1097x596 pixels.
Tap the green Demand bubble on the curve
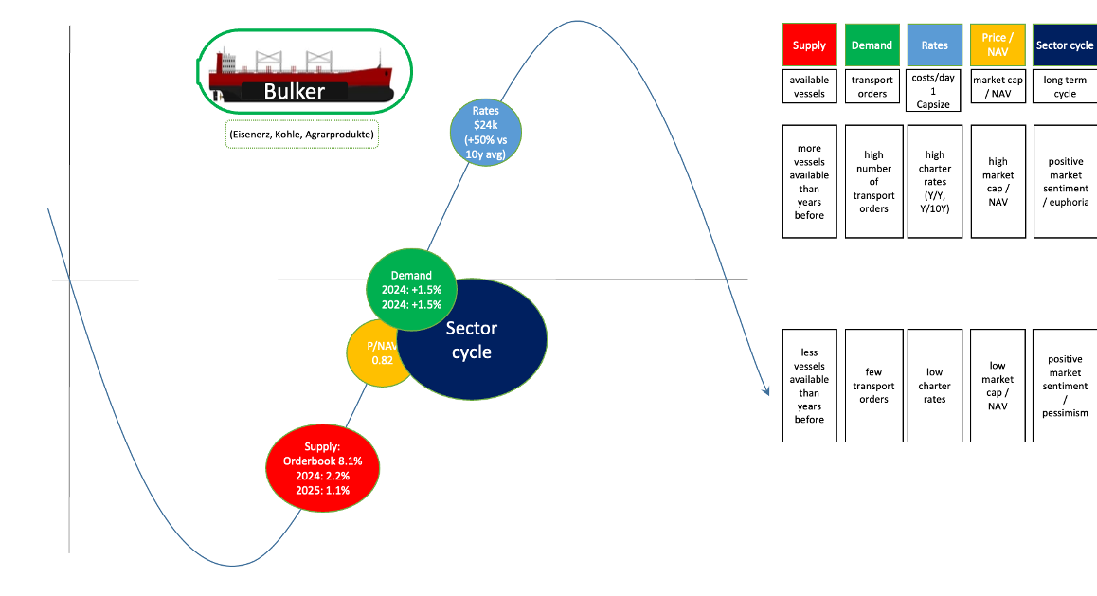click(411, 289)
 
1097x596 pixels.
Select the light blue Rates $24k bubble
click(486, 133)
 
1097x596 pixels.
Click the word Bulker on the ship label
click(294, 92)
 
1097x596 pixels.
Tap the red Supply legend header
click(809, 45)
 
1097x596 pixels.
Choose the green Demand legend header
click(872, 45)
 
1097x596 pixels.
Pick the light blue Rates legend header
click(934, 45)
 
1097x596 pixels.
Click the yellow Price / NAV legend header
click(998, 45)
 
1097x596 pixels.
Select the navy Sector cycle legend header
click(1065, 45)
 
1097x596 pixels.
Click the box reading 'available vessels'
click(809, 87)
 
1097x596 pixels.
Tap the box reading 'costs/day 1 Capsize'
click(934, 90)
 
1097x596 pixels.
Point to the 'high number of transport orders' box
click(872, 181)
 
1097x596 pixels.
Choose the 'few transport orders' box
click(872, 386)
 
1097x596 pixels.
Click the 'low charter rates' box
click(934, 386)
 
